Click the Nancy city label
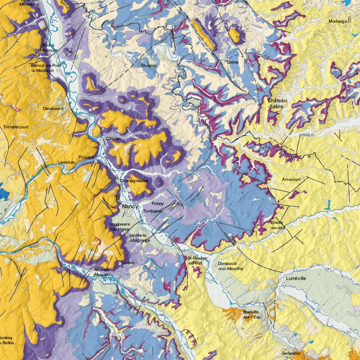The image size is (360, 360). pos(130,206)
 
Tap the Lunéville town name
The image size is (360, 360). pos(296,279)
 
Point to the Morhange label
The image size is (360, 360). pos(338,21)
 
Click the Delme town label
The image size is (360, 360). pos(233,62)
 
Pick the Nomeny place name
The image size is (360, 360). pos(148,66)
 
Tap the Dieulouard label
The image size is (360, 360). pos(54,108)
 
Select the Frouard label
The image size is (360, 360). pos(85,157)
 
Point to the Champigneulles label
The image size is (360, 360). pos(134,180)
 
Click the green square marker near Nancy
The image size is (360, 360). pos(118,198)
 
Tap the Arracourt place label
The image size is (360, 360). pos(291,180)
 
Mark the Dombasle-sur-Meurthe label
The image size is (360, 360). pos(230,266)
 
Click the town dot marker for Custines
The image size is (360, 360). pos(103,138)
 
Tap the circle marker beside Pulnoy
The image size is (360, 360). pos(166,202)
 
